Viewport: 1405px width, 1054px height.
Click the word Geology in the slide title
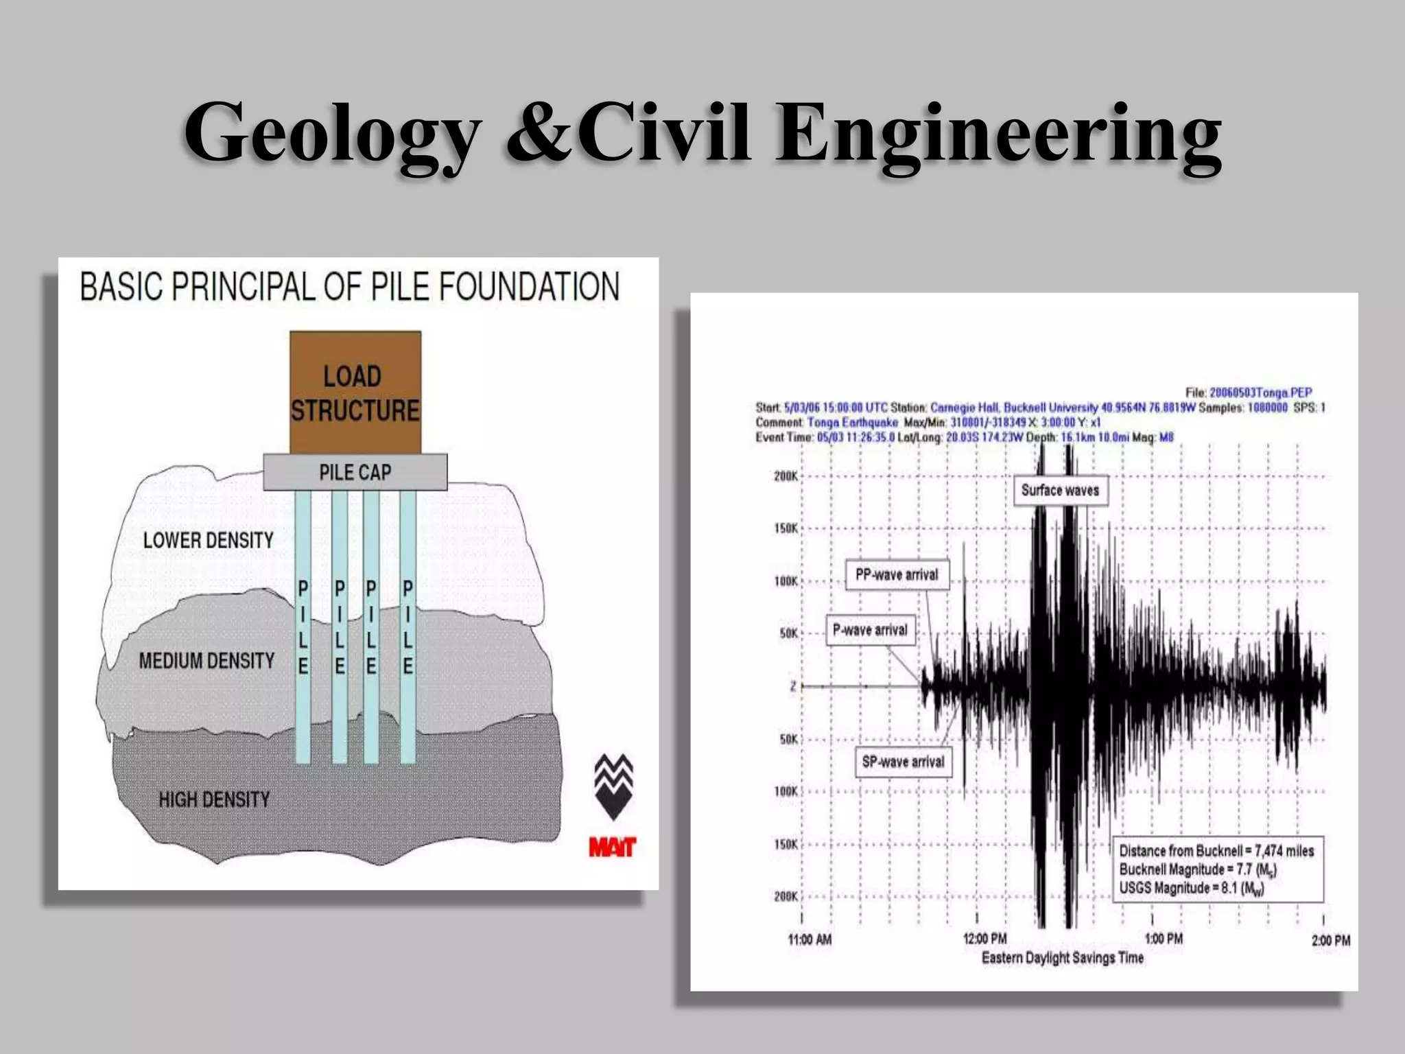coord(332,134)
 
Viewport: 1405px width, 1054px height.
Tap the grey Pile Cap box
coord(355,472)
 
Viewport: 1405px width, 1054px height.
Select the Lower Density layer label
coord(208,540)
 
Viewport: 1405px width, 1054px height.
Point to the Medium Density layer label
coord(206,661)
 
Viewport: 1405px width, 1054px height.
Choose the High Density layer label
coord(214,799)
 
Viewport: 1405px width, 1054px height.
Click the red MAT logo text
coord(612,847)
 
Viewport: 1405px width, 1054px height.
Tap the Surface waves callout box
coord(1060,490)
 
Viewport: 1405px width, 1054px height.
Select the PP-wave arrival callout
coord(897,575)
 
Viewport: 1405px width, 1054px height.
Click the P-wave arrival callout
coord(870,630)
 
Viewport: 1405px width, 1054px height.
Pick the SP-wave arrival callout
coord(903,762)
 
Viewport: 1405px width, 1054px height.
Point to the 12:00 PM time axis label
coord(985,939)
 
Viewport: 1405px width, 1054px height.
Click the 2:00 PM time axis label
coord(1331,940)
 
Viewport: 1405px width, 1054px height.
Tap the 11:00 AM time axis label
coord(810,939)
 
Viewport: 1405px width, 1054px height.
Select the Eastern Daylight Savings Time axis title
coord(1063,958)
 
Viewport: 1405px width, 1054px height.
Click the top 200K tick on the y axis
coord(786,476)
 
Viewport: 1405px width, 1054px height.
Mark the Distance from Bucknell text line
coord(1216,851)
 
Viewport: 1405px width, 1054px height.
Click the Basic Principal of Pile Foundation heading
coord(349,287)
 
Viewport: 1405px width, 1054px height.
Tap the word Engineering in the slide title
coord(998,134)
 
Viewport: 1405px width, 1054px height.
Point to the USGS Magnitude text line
coord(1192,888)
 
